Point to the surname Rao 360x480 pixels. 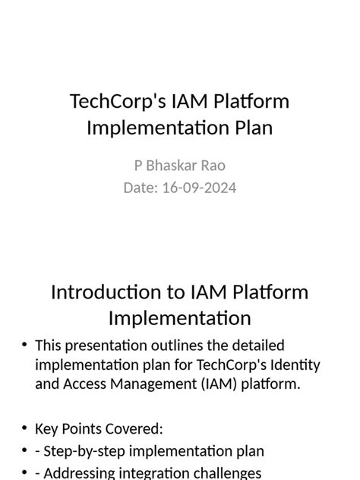(213, 166)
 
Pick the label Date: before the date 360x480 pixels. (141, 187)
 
